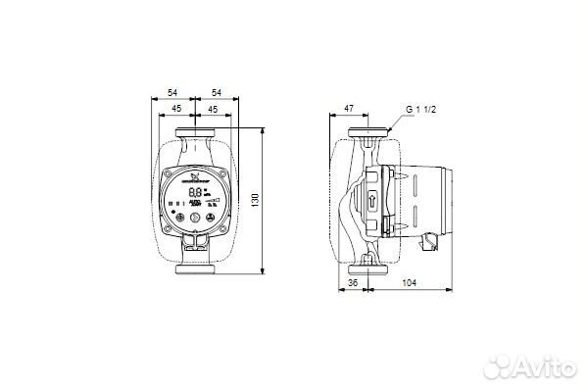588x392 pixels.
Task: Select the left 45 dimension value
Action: (175, 109)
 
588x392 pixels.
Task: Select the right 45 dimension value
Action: (213, 109)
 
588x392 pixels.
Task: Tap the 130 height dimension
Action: (258, 199)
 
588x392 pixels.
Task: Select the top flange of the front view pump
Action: (194, 132)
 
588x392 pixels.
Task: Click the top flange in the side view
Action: (370, 132)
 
